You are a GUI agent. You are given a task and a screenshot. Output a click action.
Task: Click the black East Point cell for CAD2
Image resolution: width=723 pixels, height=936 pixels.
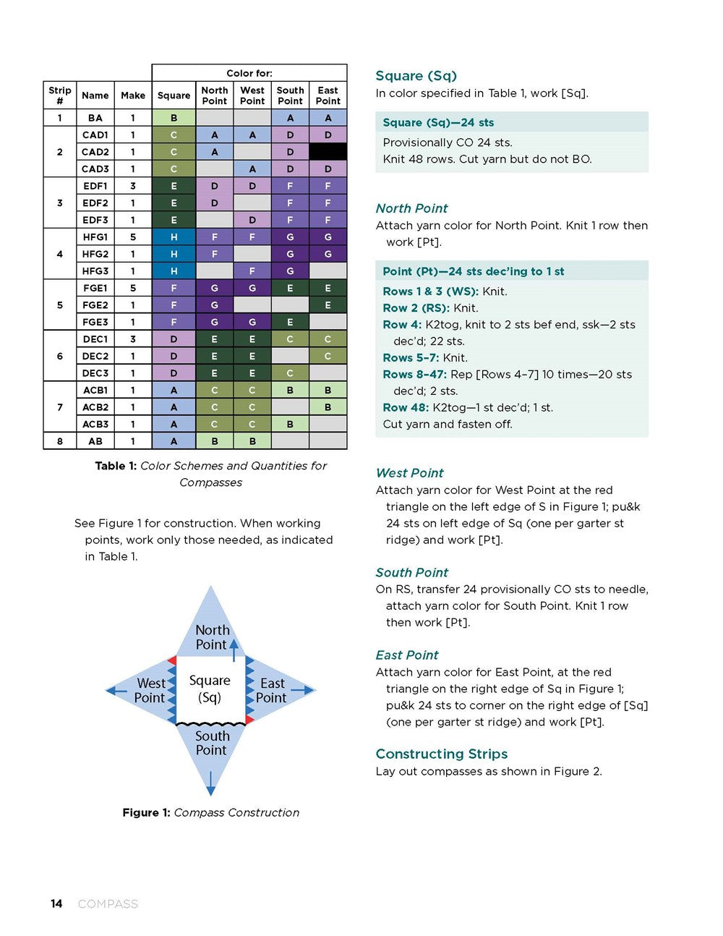pos(328,152)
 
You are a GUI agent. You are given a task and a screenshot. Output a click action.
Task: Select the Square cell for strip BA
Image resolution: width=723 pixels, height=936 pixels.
pos(174,118)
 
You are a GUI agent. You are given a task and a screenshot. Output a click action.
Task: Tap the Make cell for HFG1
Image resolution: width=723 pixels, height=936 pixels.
pos(133,237)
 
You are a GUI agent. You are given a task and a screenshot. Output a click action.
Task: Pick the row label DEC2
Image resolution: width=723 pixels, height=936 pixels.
pos(95,356)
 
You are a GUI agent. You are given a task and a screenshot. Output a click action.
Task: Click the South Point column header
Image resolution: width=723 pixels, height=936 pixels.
pos(290,95)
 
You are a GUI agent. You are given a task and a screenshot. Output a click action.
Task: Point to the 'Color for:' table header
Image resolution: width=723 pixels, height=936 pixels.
pos(249,73)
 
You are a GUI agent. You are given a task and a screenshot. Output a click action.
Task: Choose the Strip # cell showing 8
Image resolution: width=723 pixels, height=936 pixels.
pos(60,441)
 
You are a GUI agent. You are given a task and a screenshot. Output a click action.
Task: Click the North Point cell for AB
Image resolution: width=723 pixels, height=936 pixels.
pos(214,441)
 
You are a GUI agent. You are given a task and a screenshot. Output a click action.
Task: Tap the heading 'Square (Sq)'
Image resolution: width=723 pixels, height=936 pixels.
pos(416,76)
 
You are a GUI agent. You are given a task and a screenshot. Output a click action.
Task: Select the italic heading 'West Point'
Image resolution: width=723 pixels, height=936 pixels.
pos(409,473)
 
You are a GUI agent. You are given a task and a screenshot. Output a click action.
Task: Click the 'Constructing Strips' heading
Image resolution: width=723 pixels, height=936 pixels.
pos(441,754)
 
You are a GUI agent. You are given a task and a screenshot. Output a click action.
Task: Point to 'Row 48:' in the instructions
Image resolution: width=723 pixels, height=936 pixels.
pos(406,407)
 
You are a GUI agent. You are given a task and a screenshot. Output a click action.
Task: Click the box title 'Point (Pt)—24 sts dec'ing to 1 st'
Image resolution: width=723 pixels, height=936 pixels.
pos(473,271)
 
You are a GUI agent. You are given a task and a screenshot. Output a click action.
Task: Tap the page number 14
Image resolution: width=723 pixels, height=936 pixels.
pos(56,903)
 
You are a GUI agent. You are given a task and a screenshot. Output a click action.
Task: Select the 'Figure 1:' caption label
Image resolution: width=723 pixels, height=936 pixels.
pos(146,812)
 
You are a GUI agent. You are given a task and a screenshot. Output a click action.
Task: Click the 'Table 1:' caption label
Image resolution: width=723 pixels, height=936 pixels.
pos(116,466)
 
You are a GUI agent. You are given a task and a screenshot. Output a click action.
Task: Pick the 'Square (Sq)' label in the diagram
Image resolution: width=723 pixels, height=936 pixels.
pos(210,689)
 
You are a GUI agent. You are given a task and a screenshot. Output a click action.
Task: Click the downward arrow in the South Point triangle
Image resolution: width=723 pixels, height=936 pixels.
pos(210,783)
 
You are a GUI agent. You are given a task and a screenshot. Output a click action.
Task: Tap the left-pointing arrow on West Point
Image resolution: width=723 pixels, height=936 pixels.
pos(116,691)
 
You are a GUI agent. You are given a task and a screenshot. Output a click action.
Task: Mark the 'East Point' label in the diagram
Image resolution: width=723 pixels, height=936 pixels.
pos(272,690)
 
